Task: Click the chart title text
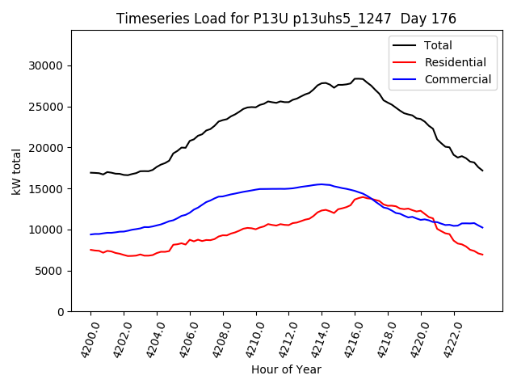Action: pos(286,19)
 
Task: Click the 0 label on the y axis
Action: pos(61,312)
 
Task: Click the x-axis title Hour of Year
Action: pos(286,370)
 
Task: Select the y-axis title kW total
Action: pos(16,171)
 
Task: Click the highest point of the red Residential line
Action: pos(363,196)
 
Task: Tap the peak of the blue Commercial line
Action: pos(321,184)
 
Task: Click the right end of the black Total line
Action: pos(482,171)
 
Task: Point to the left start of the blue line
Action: pos(90,234)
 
